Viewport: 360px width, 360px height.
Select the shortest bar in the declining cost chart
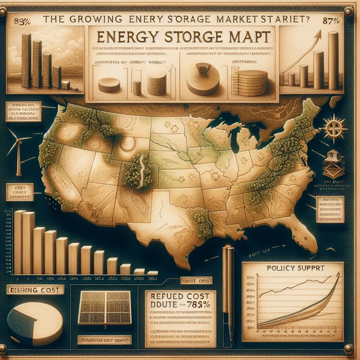(152, 272)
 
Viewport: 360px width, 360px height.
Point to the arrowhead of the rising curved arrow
(320, 34)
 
